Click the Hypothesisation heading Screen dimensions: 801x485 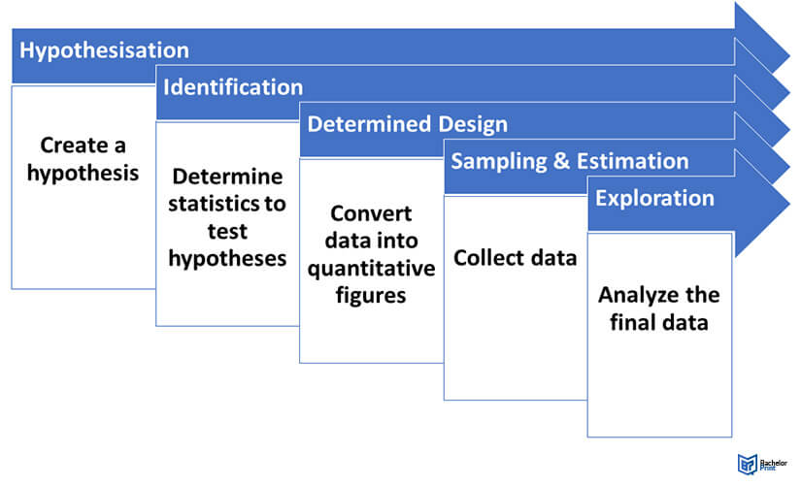(x=104, y=51)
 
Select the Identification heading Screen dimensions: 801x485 (x=233, y=87)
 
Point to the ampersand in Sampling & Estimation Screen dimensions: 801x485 (x=561, y=161)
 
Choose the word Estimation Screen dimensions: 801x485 (x=632, y=161)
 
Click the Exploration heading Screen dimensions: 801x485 (x=654, y=199)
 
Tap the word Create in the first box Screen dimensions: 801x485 (x=73, y=145)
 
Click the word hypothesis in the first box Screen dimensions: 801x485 (x=83, y=174)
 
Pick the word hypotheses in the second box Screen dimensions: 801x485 (x=227, y=259)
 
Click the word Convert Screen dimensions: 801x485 (x=371, y=213)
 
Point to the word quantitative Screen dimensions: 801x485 (x=372, y=269)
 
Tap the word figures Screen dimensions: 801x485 (x=371, y=296)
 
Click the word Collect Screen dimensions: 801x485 (x=489, y=258)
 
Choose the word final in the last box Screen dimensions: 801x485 (x=632, y=323)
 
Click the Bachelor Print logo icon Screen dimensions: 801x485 (x=748, y=464)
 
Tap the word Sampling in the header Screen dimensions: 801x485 (x=499, y=162)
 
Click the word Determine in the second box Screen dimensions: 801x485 (x=227, y=177)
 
